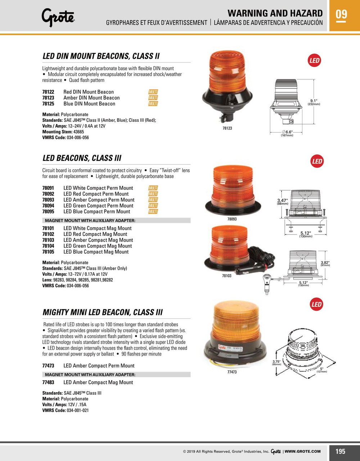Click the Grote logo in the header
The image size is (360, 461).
point(58,17)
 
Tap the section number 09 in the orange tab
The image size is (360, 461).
point(341,14)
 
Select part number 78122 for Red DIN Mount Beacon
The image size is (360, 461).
point(48,92)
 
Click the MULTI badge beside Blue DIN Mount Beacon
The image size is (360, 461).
point(153,104)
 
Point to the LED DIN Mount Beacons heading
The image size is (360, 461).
point(101,56)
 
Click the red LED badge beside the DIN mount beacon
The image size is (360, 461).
point(314,61)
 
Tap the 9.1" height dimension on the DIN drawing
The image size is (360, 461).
point(314,101)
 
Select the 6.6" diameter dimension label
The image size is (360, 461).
point(287,132)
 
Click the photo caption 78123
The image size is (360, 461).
point(227,128)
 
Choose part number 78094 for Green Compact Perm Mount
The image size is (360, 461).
point(48,206)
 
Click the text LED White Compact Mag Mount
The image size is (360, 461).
point(97,228)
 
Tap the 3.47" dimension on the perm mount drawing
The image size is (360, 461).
point(282,201)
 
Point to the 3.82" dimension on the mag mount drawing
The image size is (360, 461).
point(325,263)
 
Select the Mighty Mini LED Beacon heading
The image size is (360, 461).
point(103,312)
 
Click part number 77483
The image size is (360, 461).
point(48,382)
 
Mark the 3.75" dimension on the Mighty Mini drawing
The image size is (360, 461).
point(276,362)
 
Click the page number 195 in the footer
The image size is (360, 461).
point(340,451)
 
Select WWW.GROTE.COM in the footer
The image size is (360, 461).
point(303,451)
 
